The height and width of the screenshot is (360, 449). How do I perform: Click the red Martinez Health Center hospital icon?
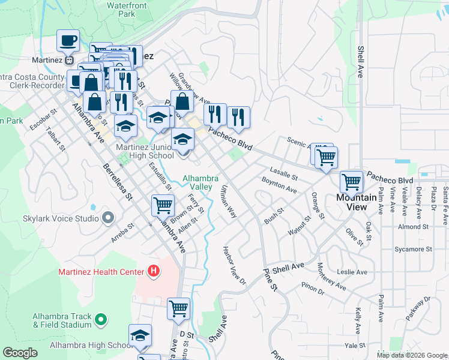tap(154, 271)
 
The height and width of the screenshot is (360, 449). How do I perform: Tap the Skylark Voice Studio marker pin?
tap(108, 218)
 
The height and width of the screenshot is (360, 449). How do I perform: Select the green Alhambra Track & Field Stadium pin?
tap(101, 320)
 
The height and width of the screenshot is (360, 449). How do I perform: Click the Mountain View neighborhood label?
tap(356, 202)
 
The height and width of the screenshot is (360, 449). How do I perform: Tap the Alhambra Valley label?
tap(197, 182)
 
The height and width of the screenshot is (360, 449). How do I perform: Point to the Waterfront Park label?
tap(126, 8)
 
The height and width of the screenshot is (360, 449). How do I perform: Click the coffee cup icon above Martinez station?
tap(68, 41)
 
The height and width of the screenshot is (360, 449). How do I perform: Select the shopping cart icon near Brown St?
tap(163, 205)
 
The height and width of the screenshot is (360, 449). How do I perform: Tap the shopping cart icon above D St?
tap(178, 308)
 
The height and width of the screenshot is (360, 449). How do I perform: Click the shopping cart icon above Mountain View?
tap(351, 181)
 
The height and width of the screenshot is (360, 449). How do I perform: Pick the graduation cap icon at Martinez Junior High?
tap(183, 140)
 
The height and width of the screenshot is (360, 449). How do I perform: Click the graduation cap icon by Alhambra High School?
tap(140, 335)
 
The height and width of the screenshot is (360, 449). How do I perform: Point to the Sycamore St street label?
tap(412, 248)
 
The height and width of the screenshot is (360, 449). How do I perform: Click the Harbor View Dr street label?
tap(235, 265)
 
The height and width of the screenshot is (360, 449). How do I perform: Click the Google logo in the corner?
tap(20, 352)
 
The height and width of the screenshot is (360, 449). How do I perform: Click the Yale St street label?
tap(355, 346)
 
